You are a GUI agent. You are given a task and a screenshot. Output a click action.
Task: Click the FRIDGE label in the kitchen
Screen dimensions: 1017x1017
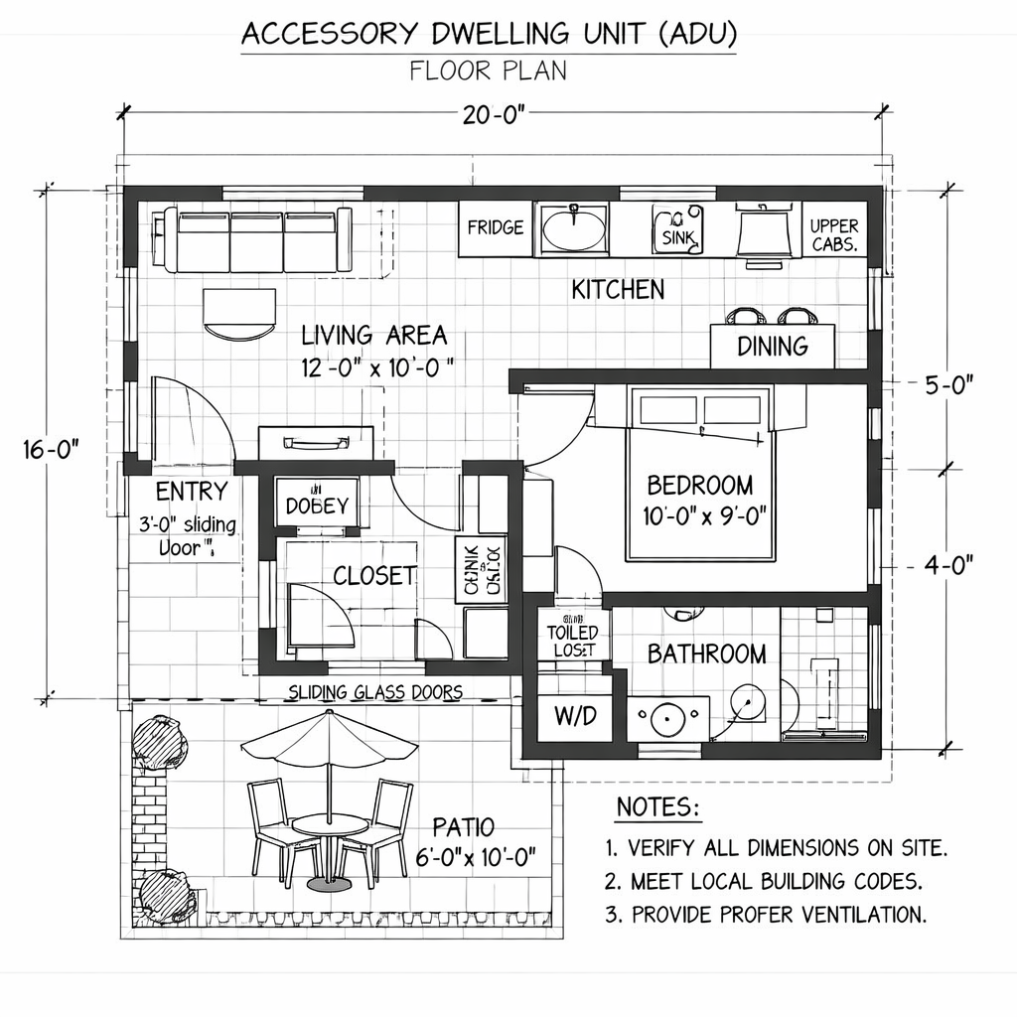pyautogui.click(x=495, y=227)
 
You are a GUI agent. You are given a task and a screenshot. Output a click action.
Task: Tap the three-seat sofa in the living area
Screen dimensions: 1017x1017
pyautogui.click(x=257, y=239)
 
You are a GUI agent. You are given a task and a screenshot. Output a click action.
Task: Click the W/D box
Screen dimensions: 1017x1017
pyautogui.click(x=574, y=717)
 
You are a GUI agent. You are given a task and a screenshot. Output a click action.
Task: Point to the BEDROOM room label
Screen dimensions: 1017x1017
pyautogui.click(x=699, y=486)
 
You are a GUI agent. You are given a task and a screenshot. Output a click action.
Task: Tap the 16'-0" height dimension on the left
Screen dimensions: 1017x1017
pyautogui.click(x=50, y=450)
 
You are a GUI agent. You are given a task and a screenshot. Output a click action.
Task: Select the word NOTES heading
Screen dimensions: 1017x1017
pyautogui.click(x=657, y=807)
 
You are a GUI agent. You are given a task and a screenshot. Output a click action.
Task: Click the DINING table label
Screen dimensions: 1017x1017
pyautogui.click(x=772, y=347)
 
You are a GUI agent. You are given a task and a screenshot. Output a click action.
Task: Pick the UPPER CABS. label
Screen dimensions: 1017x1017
pyautogui.click(x=833, y=234)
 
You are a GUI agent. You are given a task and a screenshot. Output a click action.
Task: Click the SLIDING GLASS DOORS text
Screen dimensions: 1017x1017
pyautogui.click(x=374, y=692)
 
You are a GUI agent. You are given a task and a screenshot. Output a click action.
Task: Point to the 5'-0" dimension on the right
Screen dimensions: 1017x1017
pyautogui.click(x=947, y=385)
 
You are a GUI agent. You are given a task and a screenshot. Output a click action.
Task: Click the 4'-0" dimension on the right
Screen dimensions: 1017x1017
pyautogui.click(x=947, y=564)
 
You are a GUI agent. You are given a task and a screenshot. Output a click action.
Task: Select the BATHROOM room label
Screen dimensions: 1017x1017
pyautogui.click(x=706, y=654)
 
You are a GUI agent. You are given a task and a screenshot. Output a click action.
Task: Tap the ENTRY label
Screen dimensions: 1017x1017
pyautogui.click(x=192, y=492)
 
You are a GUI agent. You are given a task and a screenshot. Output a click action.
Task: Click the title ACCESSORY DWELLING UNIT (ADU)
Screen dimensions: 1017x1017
pyautogui.click(x=490, y=34)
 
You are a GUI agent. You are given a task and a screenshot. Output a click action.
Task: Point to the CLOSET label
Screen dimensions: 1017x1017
pyautogui.click(x=373, y=576)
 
